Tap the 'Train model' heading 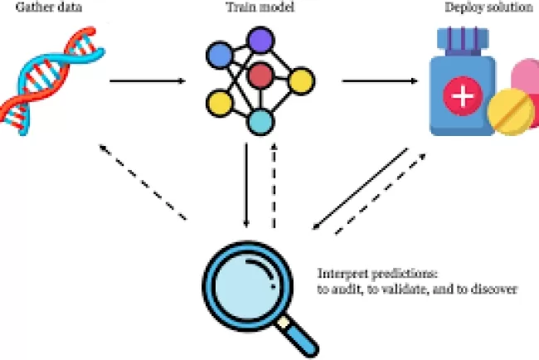click(x=259, y=7)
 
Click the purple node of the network click(x=262, y=40)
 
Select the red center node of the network click(x=261, y=75)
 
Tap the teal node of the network click(x=261, y=123)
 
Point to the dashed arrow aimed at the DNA click(x=141, y=182)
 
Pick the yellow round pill click(x=509, y=114)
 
